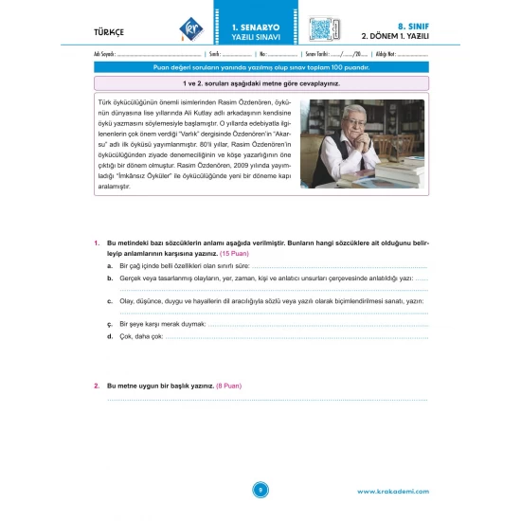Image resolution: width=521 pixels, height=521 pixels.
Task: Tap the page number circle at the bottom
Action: [260, 489]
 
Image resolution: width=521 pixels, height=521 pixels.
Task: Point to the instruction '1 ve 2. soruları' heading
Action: [260, 83]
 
